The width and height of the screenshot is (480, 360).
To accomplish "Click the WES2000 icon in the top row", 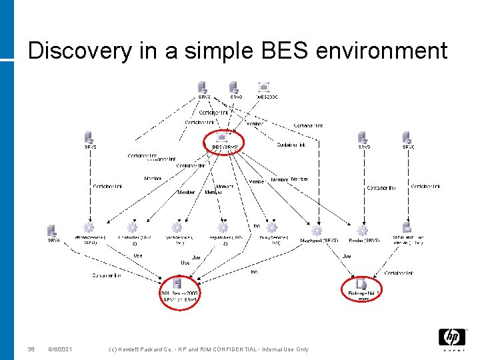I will pyautogui.click(x=264, y=87).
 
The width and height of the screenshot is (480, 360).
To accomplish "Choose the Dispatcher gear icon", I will pyautogui.click(x=223, y=228).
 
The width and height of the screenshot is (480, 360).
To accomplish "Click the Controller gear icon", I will pyautogui.click(x=132, y=228).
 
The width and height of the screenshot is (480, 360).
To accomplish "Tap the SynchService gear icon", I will pyautogui.click(x=177, y=228).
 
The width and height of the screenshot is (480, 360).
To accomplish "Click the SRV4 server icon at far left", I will pyautogui.click(x=52, y=231).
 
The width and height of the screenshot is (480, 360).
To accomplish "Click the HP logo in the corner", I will pyautogui.click(x=452, y=337).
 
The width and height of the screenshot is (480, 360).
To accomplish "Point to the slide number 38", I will pyautogui.click(x=31, y=349).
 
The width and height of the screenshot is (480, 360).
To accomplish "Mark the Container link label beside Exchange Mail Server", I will pyautogui.click(x=400, y=273).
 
